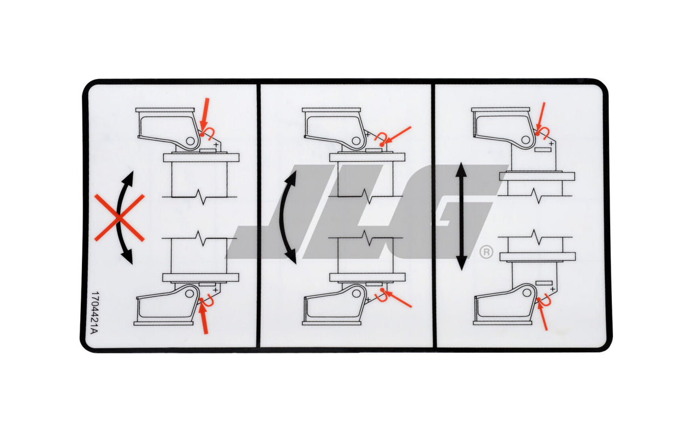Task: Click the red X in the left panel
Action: tap(119, 217)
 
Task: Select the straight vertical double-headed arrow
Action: tap(461, 216)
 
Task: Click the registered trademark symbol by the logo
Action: tap(486, 252)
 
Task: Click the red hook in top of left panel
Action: tap(209, 134)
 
